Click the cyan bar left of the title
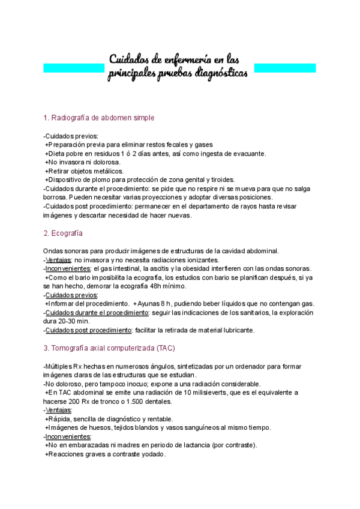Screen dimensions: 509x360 (73, 68)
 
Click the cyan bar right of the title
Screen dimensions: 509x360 (285, 67)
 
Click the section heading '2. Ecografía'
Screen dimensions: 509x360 (64, 233)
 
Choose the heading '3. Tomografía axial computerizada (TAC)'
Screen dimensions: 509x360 (107, 348)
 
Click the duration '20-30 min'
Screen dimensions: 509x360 (76, 321)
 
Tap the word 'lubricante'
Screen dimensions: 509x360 (238, 330)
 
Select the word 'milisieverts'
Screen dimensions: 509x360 (214, 393)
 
